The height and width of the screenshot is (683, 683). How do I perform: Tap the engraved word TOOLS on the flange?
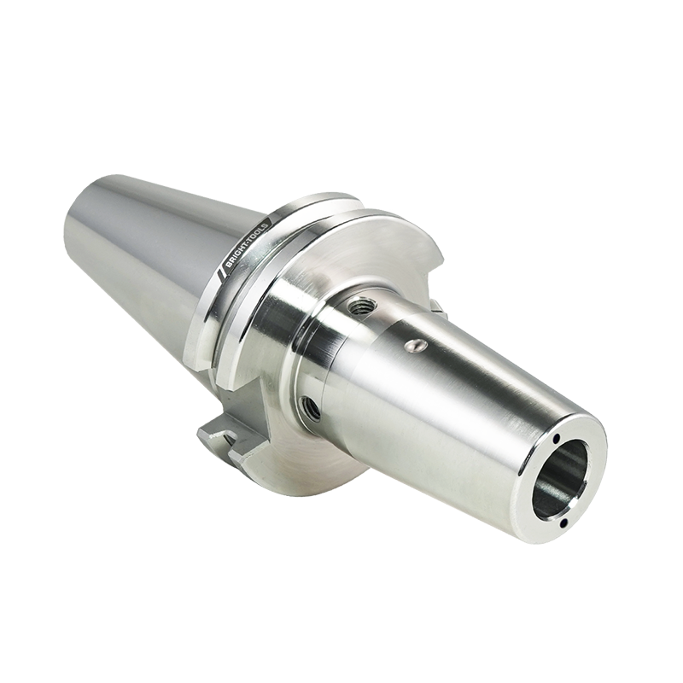tap(260, 231)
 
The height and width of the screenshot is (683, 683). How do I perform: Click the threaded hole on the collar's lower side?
tap(311, 408)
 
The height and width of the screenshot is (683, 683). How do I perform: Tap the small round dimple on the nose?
tap(416, 346)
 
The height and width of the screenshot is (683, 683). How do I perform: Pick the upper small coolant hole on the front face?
tap(557, 440)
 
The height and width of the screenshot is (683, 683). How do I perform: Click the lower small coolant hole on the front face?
tap(565, 522)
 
